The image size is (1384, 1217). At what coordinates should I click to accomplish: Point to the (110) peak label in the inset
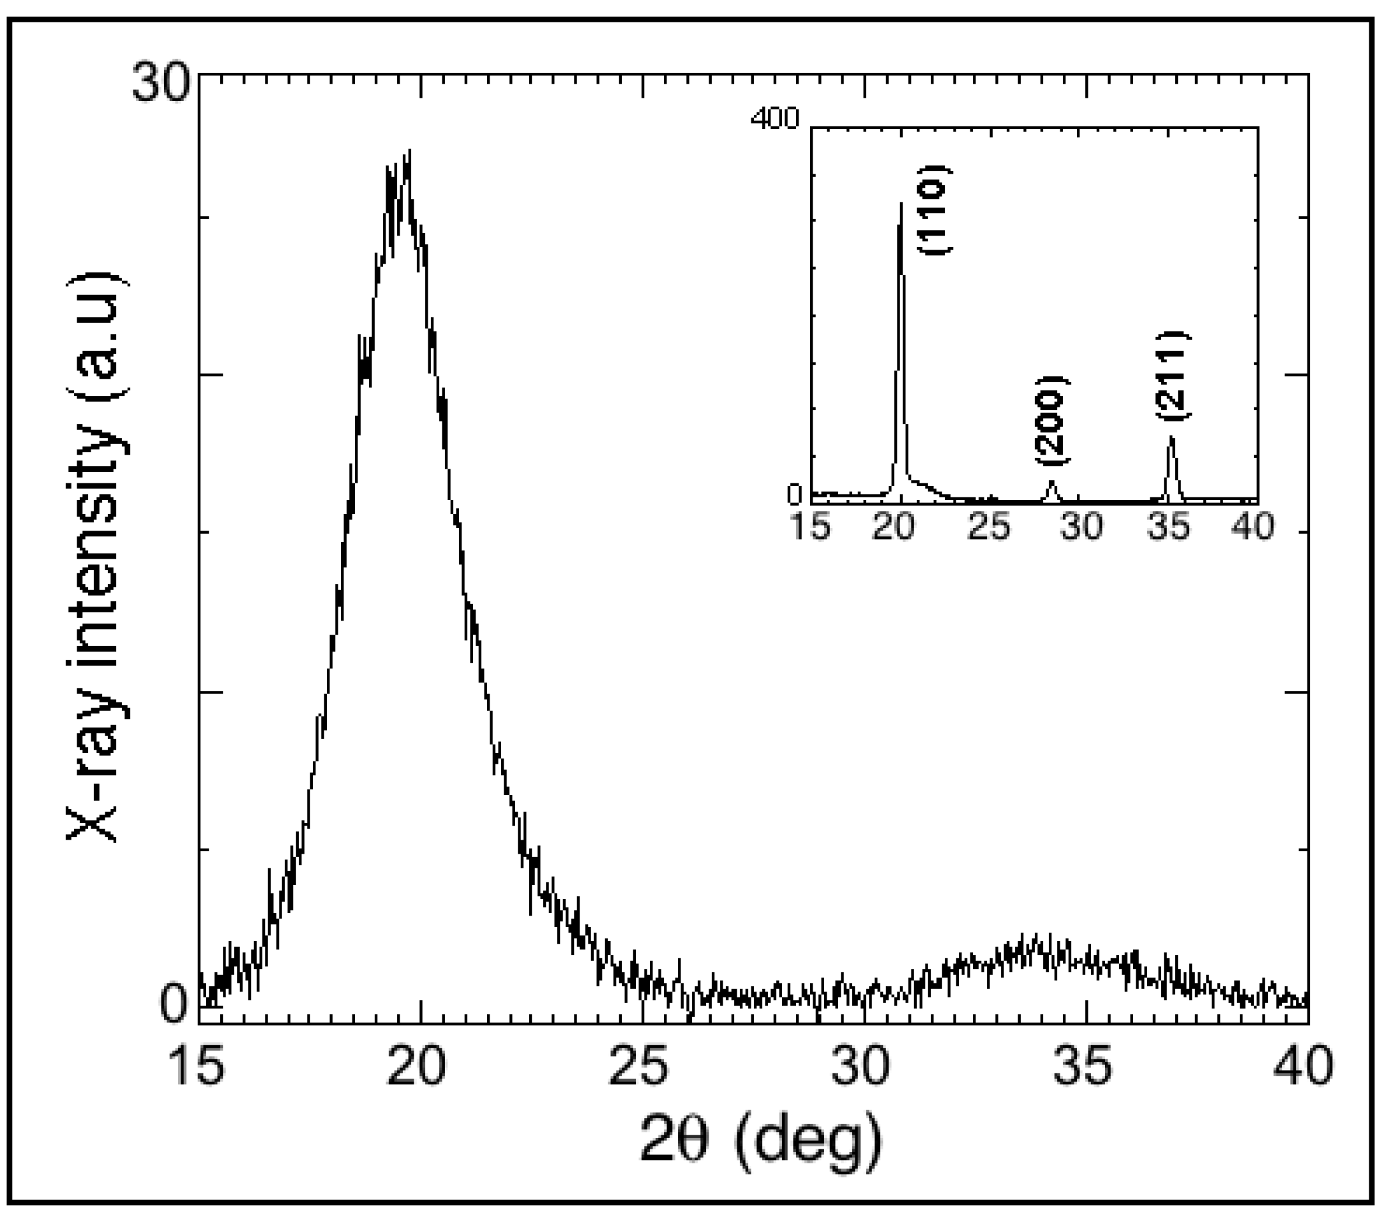click(x=935, y=210)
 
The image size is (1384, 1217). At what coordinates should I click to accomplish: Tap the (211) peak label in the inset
click(x=1172, y=377)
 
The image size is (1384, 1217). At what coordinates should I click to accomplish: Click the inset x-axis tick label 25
click(x=989, y=526)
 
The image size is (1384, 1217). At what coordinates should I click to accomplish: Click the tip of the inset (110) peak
click(x=901, y=203)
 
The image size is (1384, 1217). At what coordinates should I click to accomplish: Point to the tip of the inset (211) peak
click(x=1171, y=437)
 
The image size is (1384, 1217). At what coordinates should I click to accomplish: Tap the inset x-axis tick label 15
click(x=811, y=526)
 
